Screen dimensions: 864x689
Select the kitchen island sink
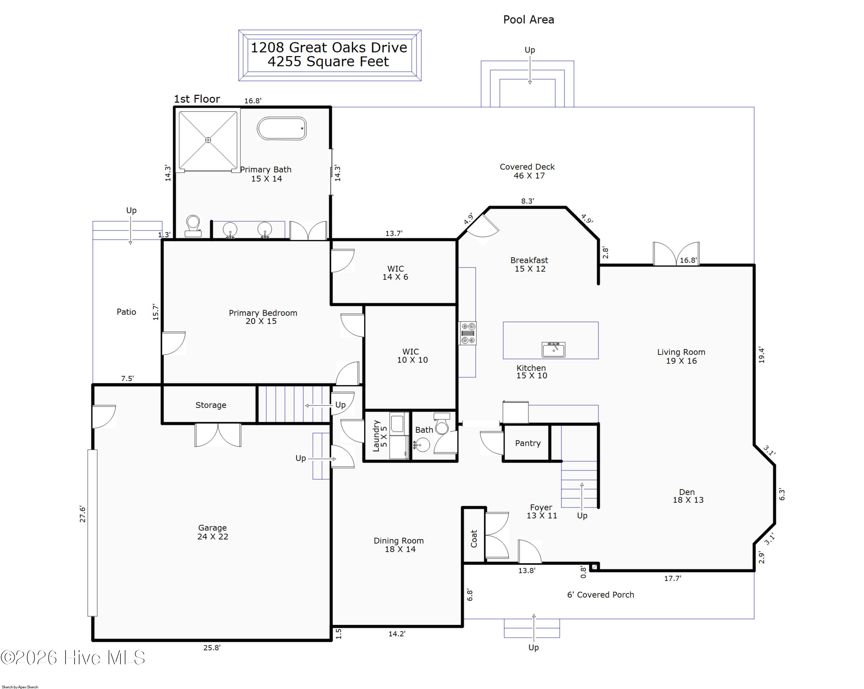click(554, 349)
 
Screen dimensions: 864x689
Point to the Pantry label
click(528, 443)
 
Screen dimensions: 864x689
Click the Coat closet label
click(474, 538)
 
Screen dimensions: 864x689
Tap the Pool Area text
click(528, 20)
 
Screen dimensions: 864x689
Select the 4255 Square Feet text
click(328, 62)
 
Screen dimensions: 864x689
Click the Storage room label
click(211, 405)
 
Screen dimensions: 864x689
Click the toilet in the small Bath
click(442, 424)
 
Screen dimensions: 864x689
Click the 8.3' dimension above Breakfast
click(527, 201)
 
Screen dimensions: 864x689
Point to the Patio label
click(126, 312)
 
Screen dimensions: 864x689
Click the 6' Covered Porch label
click(600, 595)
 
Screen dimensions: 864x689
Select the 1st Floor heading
click(197, 99)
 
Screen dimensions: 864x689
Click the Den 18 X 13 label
click(688, 496)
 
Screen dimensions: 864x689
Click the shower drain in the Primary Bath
click(208, 140)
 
